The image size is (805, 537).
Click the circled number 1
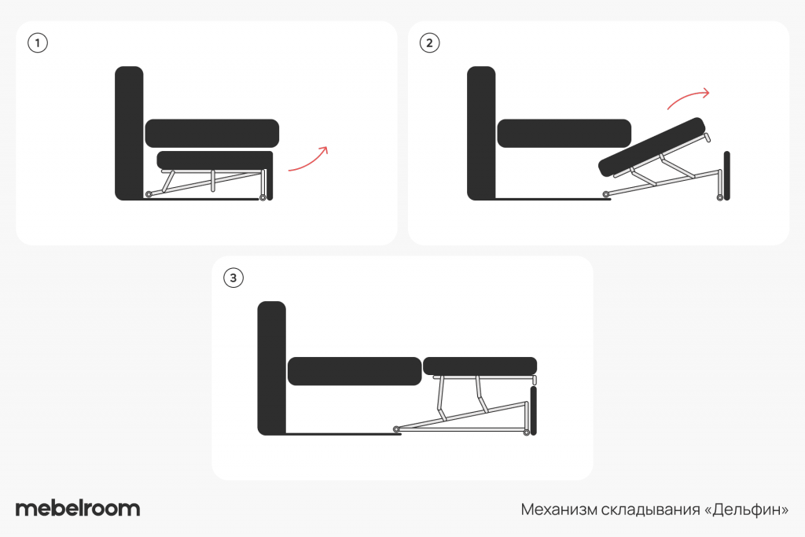tap(38, 42)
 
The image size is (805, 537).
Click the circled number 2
tap(430, 42)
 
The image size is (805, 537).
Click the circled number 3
tap(233, 278)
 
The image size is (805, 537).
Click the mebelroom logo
tap(78, 508)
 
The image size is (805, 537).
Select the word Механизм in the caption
tap(559, 509)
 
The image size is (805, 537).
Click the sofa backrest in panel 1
tap(129, 133)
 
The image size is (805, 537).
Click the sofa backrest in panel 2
tap(481, 133)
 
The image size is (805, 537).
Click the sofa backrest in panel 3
tap(271, 368)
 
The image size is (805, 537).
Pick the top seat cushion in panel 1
tap(212, 134)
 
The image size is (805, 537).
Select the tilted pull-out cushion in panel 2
tap(652, 147)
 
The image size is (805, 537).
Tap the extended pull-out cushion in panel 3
tap(480, 366)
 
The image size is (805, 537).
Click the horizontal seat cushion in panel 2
tap(564, 134)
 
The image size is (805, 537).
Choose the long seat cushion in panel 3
tap(355, 371)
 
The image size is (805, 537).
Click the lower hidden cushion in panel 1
tap(215, 160)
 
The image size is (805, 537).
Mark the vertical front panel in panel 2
tap(727, 175)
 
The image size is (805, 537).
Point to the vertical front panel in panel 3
tap(534, 410)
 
